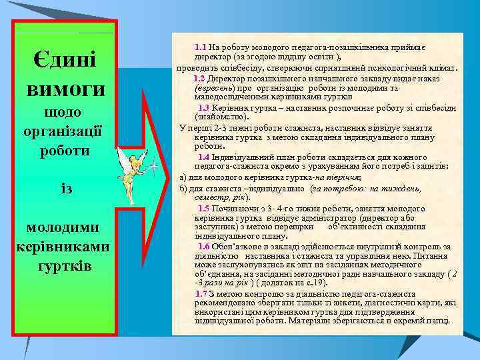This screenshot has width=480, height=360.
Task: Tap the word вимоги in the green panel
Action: click(x=65, y=89)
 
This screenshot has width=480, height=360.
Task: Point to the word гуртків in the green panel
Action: click(x=65, y=266)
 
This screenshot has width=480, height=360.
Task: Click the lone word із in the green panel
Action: click(x=65, y=189)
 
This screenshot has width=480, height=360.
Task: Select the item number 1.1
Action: click(x=201, y=47)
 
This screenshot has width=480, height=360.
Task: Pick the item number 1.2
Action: click(x=201, y=79)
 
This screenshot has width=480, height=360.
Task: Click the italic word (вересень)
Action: click(x=215, y=87)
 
